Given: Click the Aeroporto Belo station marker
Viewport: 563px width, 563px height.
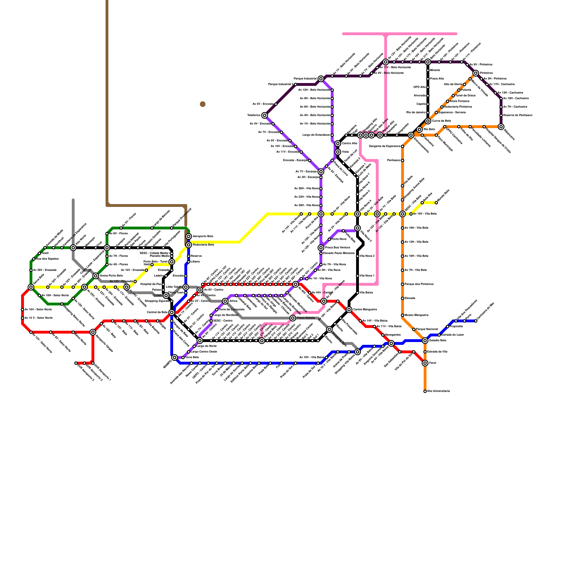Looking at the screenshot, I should click(189, 236).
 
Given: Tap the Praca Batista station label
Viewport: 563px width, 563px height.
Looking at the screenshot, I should click(306, 318).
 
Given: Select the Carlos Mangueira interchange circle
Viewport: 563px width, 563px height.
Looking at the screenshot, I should click(349, 310).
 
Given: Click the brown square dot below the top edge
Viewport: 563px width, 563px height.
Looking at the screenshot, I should click(203, 104).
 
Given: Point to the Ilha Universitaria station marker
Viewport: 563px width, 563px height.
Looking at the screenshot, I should click(425, 391).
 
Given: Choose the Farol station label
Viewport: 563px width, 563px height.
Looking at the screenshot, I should click(433, 363).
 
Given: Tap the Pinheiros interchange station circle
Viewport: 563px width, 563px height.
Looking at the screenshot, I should click(476, 73).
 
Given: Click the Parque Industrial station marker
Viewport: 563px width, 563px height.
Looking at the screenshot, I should click(321, 79).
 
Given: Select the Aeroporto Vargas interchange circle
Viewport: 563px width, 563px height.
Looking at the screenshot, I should click(93, 332).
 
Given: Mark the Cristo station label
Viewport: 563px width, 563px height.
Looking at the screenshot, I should click(158, 296).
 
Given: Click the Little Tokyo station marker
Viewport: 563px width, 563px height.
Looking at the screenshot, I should click(186, 287).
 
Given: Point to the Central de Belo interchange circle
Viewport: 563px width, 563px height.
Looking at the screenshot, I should click(172, 312).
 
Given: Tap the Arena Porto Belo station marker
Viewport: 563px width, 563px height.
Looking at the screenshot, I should click(96, 276).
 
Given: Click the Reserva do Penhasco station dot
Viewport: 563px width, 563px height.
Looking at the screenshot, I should click(501, 115).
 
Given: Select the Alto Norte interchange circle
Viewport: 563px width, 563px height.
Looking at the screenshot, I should click(73, 248).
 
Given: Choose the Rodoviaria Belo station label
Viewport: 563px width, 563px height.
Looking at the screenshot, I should click(203, 245).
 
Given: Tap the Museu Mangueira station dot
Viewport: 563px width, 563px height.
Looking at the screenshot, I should click(403, 315).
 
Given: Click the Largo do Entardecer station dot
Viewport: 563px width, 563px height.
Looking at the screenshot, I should click(332, 135).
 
